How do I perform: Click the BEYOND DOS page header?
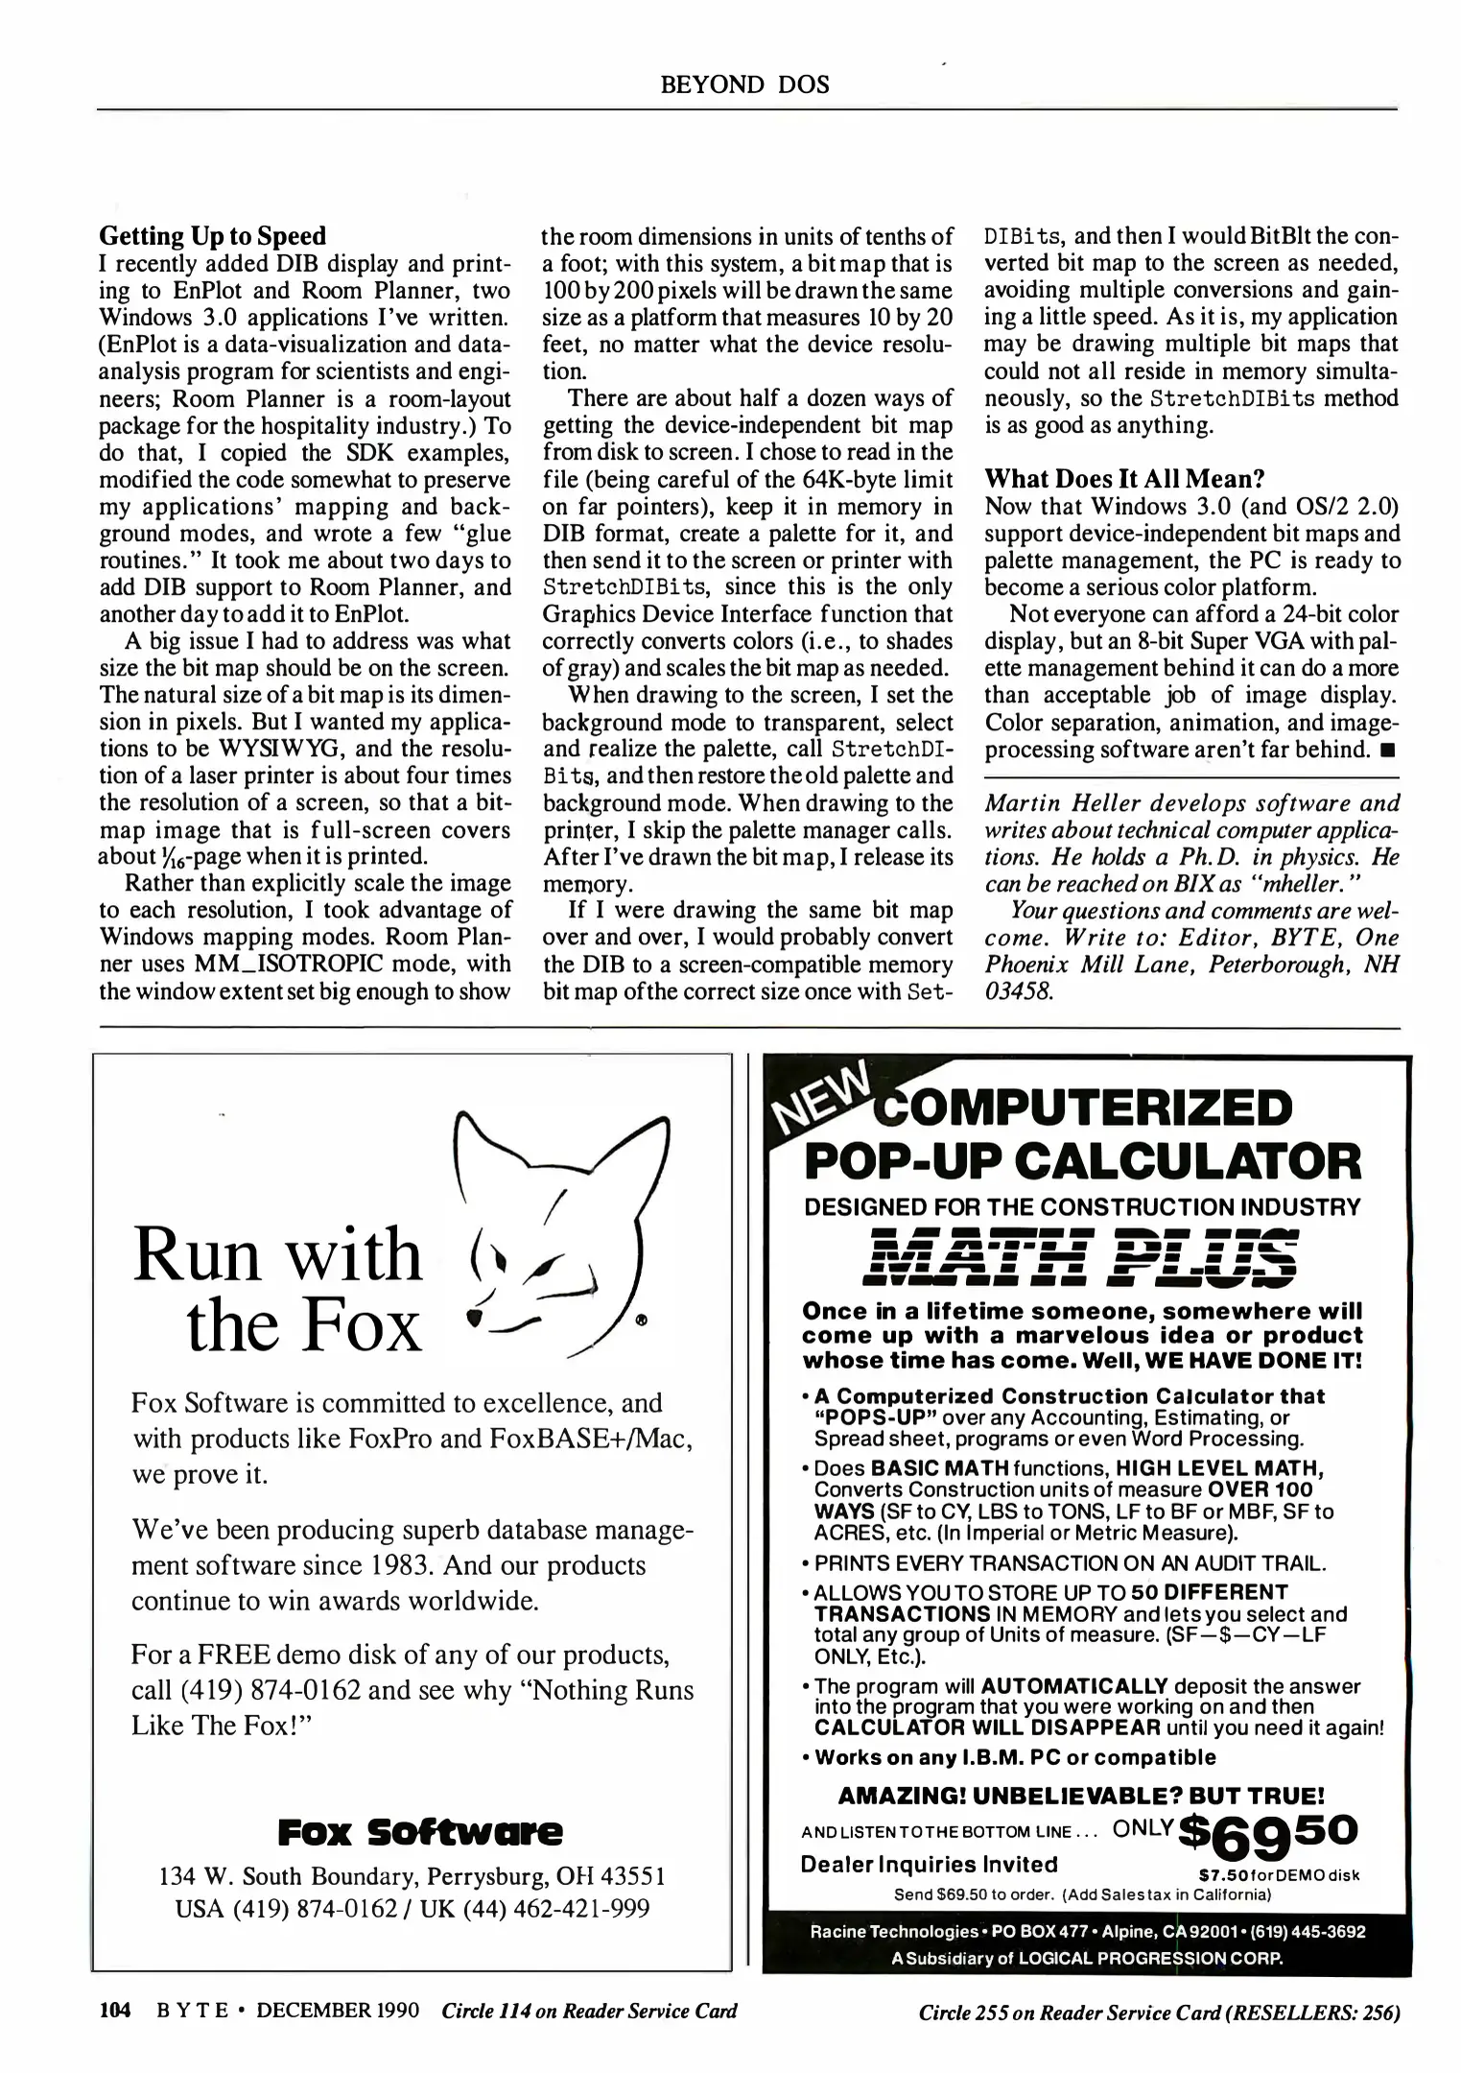click(x=744, y=84)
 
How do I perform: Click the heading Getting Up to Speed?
click(x=212, y=236)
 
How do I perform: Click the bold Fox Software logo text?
click(x=420, y=1832)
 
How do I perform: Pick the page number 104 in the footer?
click(x=114, y=2011)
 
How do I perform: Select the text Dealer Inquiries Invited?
click(x=929, y=1865)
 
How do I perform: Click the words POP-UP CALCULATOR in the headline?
click(x=1081, y=1161)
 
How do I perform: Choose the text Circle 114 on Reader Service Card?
click(x=589, y=2011)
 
